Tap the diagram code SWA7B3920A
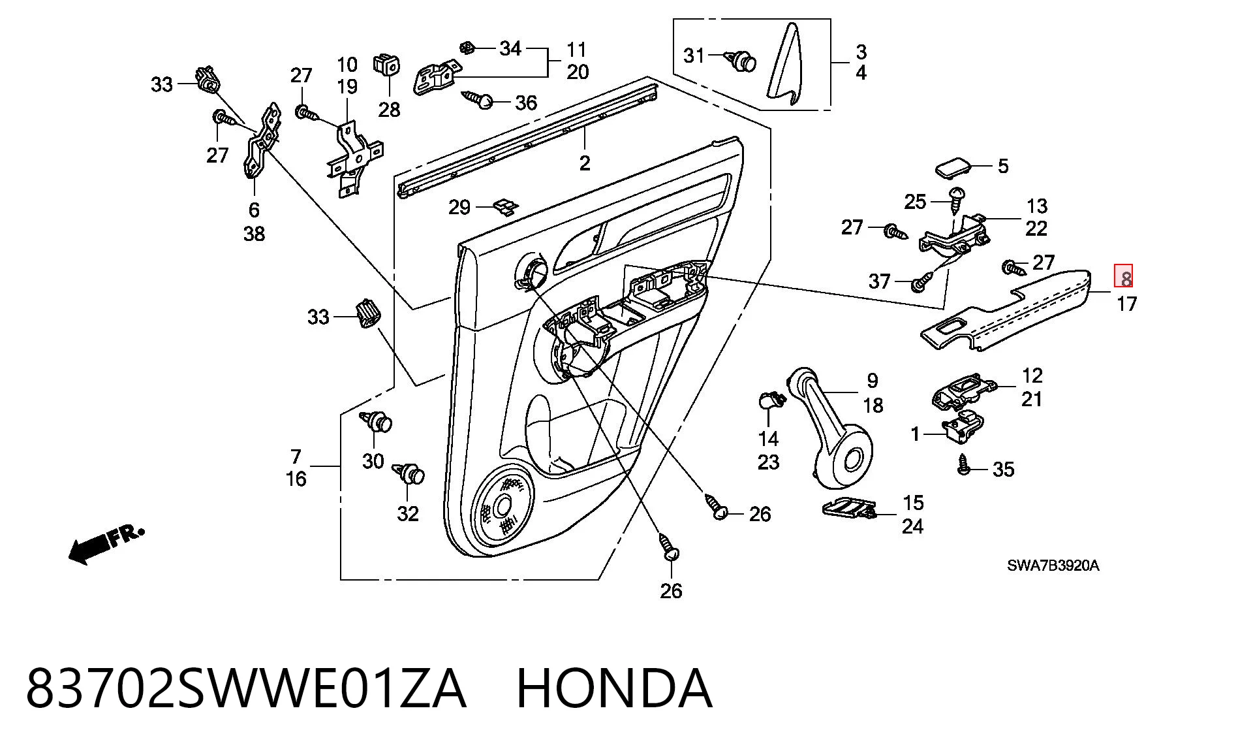[x=1053, y=566]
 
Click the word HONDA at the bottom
[x=614, y=688]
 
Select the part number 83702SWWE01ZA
[x=246, y=688]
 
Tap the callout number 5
[x=1003, y=166]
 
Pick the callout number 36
[x=526, y=103]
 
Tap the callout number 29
[x=459, y=207]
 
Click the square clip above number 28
[x=386, y=65]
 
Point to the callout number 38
[x=254, y=233]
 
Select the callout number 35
[x=1004, y=469]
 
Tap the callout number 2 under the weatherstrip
[x=584, y=163]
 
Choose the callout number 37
[x=879, y=281]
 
